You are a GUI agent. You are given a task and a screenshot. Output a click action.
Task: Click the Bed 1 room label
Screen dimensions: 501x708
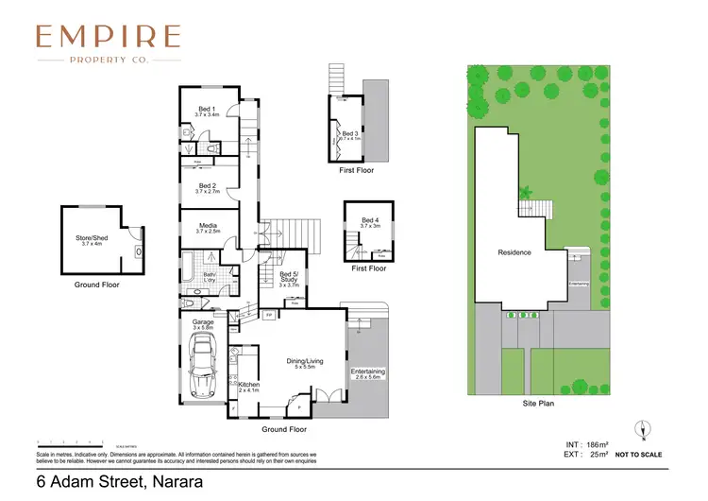point(207,110)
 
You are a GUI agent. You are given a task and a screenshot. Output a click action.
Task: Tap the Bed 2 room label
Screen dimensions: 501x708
point(207,186)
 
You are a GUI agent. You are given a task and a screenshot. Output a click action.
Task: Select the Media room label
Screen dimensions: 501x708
point(208,226)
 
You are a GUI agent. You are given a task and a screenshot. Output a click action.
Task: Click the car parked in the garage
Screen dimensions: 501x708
point(203,369)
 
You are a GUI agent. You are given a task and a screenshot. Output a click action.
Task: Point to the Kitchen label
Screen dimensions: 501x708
point(249,385)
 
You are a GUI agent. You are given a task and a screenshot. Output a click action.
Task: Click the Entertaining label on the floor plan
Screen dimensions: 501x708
point(367,371)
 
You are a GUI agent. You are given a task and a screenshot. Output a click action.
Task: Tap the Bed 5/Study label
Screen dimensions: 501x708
point(289,276)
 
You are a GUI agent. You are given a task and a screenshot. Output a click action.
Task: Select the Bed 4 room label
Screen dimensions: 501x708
point(369,221)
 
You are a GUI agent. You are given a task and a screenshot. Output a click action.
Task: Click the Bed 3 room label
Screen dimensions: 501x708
point(350,134)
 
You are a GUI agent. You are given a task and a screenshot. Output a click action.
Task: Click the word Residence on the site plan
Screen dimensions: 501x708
point(514,252)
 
